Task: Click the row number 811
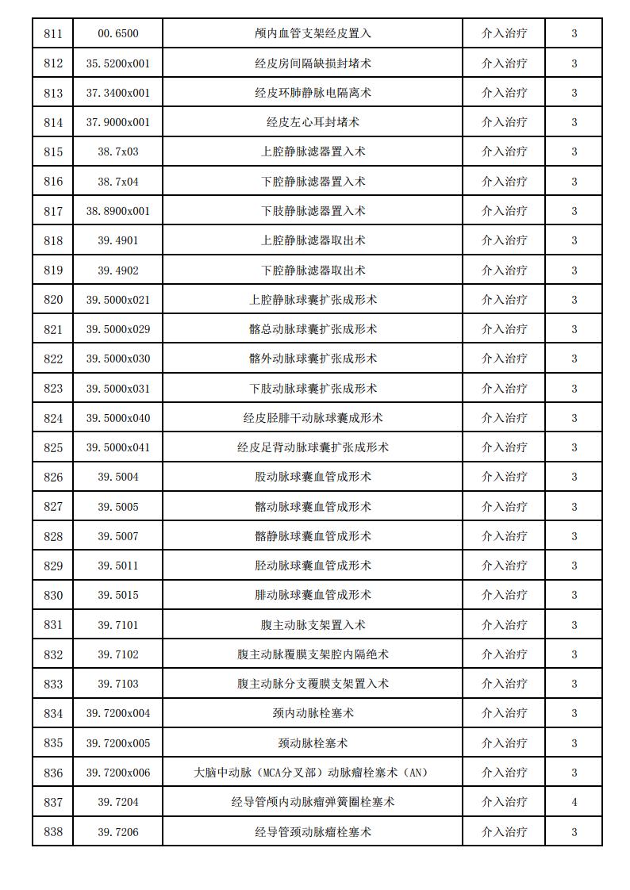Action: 53,33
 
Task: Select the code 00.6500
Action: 117,33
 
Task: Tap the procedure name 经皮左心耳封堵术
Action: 313,122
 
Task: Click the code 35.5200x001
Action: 117,63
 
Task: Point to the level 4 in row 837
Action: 574,802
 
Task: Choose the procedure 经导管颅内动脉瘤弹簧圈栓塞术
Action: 313,802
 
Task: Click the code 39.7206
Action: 117,832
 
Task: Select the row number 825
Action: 53,447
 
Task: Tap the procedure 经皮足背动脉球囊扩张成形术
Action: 313,447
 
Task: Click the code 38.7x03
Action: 117,152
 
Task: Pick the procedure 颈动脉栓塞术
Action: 313,743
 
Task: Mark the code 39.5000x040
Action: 117,418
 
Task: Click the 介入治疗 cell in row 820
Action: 504,300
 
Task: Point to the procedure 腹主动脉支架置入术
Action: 313,625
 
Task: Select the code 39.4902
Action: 117,270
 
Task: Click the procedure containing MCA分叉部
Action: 313,773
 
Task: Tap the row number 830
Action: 53,595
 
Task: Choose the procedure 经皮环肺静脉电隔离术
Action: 313,93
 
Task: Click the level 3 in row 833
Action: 574,684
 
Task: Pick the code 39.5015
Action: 117,595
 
